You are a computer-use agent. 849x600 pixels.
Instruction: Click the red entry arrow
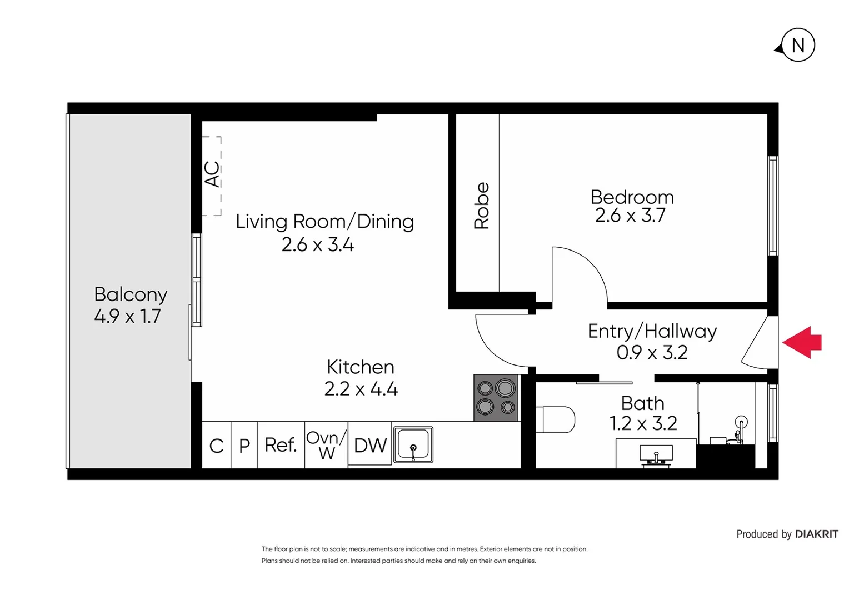802,342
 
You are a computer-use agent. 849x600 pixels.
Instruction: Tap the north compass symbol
797,45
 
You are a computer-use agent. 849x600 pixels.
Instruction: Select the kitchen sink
413,444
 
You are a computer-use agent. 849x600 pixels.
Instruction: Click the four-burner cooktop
496,397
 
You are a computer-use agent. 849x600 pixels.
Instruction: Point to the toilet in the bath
556,419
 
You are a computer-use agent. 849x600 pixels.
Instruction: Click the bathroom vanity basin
656,454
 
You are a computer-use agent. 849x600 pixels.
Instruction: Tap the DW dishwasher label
370,446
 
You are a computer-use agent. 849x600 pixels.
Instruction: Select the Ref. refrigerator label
281,445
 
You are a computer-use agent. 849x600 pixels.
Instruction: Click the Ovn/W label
327,445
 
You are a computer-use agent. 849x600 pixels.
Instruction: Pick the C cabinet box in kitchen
216,446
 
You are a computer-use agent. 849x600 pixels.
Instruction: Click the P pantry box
244,446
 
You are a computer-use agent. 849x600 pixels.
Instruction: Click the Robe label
481,206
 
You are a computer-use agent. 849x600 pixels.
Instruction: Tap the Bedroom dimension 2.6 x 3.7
630,216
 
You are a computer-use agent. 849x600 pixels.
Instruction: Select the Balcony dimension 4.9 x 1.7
127,316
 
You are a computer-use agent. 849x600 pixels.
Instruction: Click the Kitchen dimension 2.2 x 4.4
361,389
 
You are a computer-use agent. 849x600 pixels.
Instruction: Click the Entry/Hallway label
652,331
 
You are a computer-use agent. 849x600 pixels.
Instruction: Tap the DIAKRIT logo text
816,534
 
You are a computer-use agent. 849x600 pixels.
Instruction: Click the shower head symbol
741,422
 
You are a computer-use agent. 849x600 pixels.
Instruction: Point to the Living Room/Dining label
324,221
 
